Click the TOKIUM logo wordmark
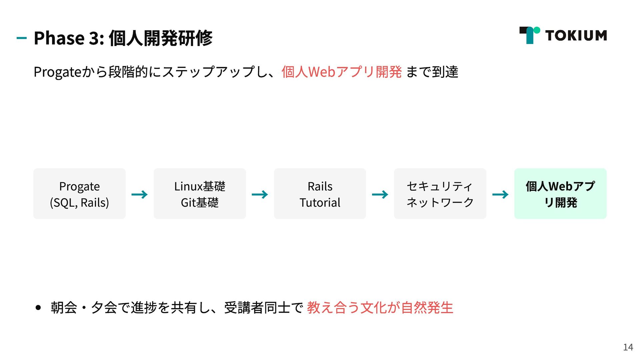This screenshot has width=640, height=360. click(x=576, y=35)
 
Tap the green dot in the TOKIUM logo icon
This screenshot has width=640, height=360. click(x=537, y=30)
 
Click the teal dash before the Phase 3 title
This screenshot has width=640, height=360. click(x=21, y=38)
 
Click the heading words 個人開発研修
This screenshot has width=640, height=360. click(x=160, y=38)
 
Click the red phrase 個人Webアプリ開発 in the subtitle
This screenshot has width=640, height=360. click(x=341, y=72)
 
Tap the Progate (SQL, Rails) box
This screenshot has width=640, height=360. click(x=79, y=194)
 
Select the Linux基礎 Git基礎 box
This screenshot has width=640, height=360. click(x=200, y=194)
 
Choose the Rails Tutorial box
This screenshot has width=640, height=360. click(x=320, y=194)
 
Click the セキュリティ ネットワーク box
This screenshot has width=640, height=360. click(x=440, y=194)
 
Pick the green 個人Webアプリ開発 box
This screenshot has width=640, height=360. click(x=560, y=194)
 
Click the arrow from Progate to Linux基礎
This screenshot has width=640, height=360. click(x=139, y=194)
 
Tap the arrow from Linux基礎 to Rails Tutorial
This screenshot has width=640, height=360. click(x=260, y=194)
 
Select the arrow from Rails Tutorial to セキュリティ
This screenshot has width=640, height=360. click(x=380, y=194)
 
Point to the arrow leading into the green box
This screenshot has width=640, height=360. click(x=500, y=194)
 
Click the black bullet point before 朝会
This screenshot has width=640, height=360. click(x=38, y=307)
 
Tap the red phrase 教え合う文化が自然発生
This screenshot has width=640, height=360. click(x=380, y=307)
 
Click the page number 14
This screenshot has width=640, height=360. click(x=628, y=347)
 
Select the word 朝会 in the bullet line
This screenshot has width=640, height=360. click(x=64, y=307)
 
